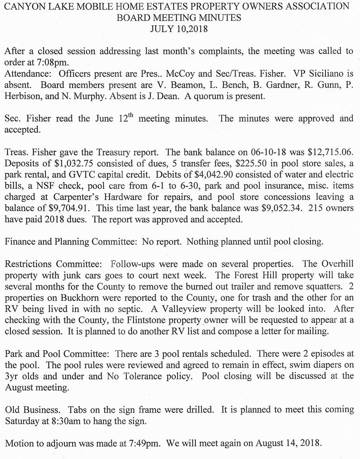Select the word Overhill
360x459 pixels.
(x=336, y=264)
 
